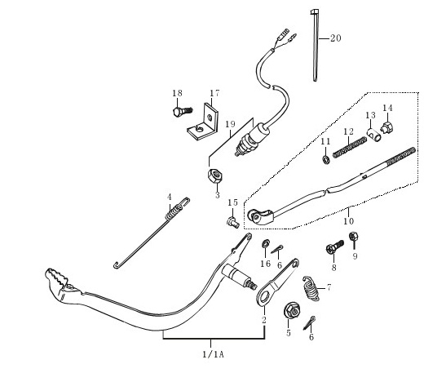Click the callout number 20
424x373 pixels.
pyautogui.click(x=336, y=38)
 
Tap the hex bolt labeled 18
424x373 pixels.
pyautogui.click(x=183, y=111)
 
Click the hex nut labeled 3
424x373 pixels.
pyautogui.click(x=215, y=175)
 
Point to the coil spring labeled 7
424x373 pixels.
pyautogui.click(x=311, y=289)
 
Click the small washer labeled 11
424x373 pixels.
pyautogui.click(x=326, y=160)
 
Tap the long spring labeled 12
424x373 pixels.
pyautogui.click(x=350, y=148)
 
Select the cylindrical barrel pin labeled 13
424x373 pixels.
pyautogui.click(x=374, y=135)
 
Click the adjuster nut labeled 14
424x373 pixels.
pyautogui.click(x=387, y=127)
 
